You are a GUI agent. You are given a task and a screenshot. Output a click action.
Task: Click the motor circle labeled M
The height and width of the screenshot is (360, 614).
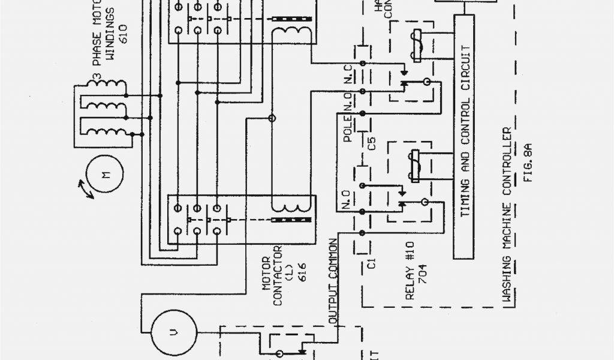pyautogui.click(x=106, y=175)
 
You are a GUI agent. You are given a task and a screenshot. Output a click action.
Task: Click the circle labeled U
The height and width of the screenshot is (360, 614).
pyautogui.click(x=173, y=331)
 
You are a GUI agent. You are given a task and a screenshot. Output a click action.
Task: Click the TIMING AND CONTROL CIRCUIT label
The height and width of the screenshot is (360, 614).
pyautogui.click(x=465, y=135)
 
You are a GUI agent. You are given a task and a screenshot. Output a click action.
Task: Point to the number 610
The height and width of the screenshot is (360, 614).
pyautogui.click(x=124, y=34)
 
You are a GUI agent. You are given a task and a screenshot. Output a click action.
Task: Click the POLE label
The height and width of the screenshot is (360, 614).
pyautogui.click(x=348, y=130)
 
